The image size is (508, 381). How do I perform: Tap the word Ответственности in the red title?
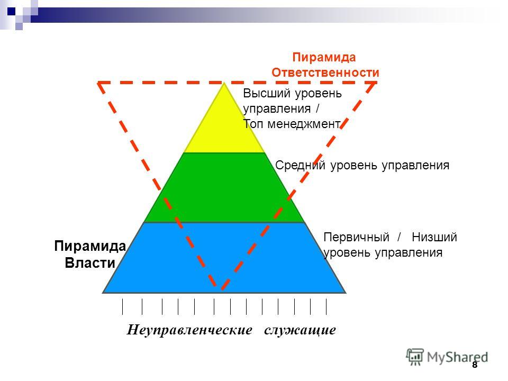point(325,72)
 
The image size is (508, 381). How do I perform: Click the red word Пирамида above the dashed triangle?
point(324,57)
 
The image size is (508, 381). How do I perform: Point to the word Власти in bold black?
point(90,262)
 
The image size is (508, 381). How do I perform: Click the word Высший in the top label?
point(262,94)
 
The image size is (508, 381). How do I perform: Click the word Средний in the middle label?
point(300,166)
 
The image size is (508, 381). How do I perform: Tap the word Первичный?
point(356,238)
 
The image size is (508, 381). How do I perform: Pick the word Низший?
point(434,237)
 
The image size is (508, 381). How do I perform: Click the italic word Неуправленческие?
point(189,330)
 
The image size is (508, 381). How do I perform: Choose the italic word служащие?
point(300,330)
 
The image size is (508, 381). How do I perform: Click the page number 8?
point(475,365)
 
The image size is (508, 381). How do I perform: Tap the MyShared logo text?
point(457,357)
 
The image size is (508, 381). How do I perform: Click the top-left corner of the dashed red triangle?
point(98,83)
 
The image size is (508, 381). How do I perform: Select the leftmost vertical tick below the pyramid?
point(122,306)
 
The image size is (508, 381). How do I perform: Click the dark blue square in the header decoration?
point(11,12)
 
